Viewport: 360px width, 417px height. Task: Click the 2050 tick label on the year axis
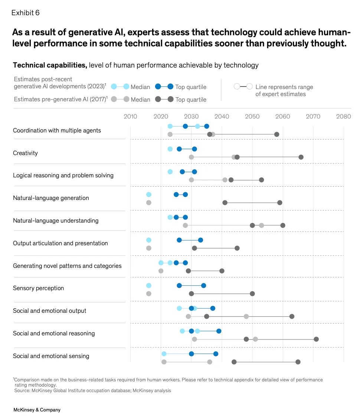coord(252,116)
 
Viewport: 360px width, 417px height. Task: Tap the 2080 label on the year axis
coord(344,116)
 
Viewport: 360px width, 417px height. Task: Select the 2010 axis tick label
coord(130,116)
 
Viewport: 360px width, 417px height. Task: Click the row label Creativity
coord(25,153)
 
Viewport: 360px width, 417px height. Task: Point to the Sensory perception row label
coord(38,288)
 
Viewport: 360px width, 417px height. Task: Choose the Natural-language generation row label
coord(51,198)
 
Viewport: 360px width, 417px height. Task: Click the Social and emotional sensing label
coord(51,356)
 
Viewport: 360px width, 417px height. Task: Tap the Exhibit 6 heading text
coord(25,13)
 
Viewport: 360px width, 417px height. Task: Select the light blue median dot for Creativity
coord(170,149)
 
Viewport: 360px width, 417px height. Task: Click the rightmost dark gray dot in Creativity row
coord(301,157)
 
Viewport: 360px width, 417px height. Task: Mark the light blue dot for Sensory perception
coord(149,286)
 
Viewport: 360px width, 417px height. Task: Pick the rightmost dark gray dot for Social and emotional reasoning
coord(316,339)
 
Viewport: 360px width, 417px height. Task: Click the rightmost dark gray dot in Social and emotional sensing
coord(298,362)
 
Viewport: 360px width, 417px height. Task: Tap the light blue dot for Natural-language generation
coord(149,194)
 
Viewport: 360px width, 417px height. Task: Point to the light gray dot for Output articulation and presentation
coord(149,248)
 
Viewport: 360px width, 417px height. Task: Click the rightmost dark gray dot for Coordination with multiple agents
coord(276,134)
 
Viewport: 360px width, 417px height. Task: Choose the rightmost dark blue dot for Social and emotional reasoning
coord(219,331)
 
